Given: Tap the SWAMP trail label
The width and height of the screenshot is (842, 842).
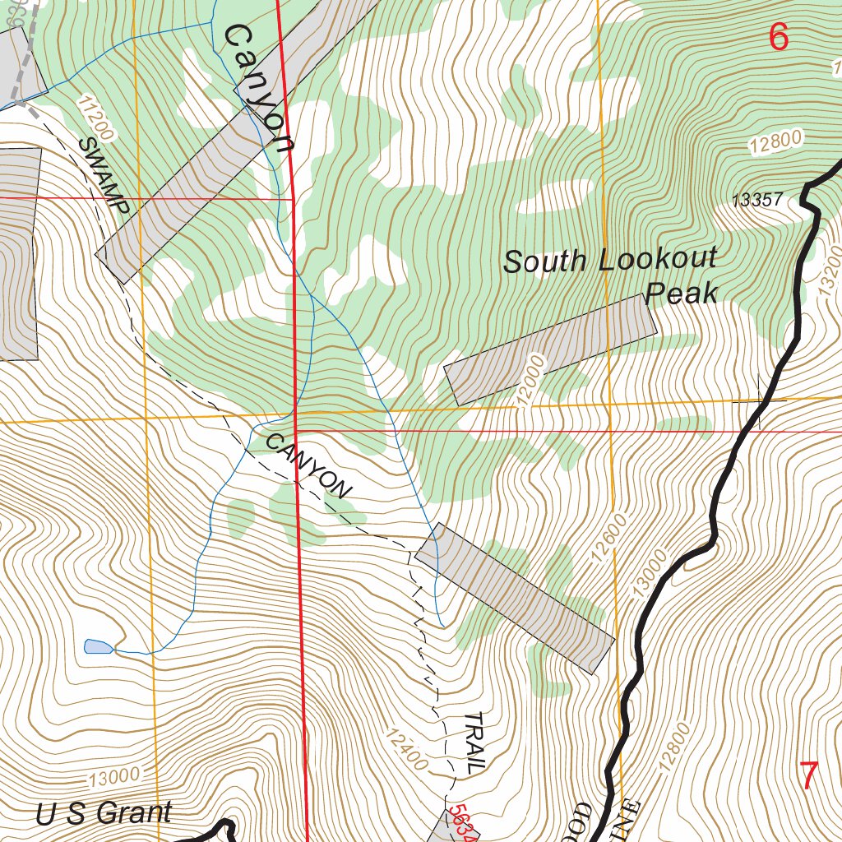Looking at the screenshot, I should tap(104, 176).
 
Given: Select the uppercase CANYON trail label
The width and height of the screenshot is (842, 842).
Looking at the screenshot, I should tap(308, 465).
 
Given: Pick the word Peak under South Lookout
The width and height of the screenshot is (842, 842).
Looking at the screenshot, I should tap(682, 293).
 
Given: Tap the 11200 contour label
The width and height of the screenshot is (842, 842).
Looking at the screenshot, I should tap(96, 117).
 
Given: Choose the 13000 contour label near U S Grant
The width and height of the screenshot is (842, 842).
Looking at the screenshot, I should tap(112, 775).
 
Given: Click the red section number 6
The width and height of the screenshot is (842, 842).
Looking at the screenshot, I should tap(778, 37).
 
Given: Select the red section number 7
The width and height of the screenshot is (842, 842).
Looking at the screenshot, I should tap(809, 775).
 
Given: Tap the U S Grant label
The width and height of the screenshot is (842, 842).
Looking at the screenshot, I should tap(104, 813).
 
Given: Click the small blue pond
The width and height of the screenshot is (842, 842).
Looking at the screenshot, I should tap(98, 646).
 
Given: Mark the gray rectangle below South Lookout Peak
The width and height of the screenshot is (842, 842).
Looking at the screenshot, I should tap(550, 349).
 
